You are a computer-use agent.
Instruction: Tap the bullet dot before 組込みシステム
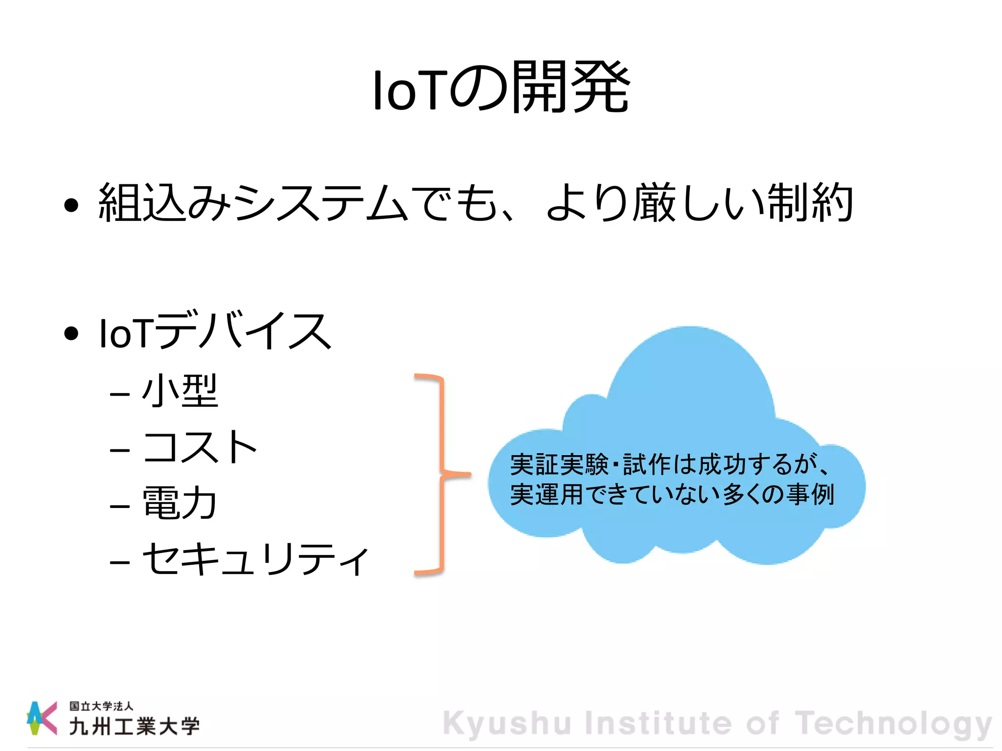(x=71, y=205)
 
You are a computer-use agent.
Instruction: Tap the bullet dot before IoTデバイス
(x=71, y=333)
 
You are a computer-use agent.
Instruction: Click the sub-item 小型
(x=180, y=391)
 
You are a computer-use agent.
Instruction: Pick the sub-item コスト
(x=200, y=447)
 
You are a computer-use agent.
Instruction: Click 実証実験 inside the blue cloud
(x=559, y=464)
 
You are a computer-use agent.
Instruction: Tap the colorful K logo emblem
(x=42, y=717)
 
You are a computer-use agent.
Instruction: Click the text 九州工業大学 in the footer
(x=134, y=727)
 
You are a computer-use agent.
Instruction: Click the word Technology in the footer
(x=893, y=724)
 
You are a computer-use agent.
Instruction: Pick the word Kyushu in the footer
(x=507, y=724)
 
